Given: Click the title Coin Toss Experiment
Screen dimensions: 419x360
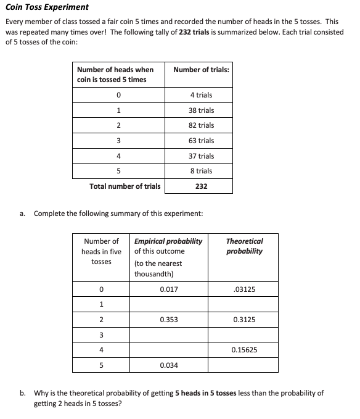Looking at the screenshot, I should click(47, 7).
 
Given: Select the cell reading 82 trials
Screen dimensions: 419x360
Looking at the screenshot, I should click(201, 125).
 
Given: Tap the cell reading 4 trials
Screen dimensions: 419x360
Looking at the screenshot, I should click(201, 95).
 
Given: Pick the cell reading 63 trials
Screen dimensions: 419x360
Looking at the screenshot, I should click(201, 141).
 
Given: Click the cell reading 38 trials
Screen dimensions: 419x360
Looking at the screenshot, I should click(201, 110).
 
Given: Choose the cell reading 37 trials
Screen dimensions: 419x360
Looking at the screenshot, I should click(201, 156).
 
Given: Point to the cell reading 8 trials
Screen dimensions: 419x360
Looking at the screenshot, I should click(201, 171).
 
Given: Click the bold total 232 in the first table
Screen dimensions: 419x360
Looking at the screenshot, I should click(201, 186).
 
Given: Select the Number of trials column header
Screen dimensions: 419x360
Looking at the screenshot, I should click(201, 70).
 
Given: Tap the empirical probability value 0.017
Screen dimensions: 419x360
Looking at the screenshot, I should click(169, 289).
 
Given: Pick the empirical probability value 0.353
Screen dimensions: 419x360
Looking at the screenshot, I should click(169, 320).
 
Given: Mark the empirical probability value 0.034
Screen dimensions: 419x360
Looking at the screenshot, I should click(169, 365).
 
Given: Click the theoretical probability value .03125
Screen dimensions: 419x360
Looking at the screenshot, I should click(245, 289).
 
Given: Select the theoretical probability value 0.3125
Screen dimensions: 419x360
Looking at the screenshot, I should click(245, 320).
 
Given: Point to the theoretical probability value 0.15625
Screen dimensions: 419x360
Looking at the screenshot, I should click(245, 350).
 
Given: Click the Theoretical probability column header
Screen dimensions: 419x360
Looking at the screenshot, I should click(244, 246).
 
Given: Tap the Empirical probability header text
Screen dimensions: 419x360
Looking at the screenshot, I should click(168, 241).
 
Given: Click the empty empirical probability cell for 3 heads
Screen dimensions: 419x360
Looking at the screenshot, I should click(169, 335).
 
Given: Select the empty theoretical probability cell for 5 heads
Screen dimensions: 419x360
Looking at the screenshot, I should click(245, 365).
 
